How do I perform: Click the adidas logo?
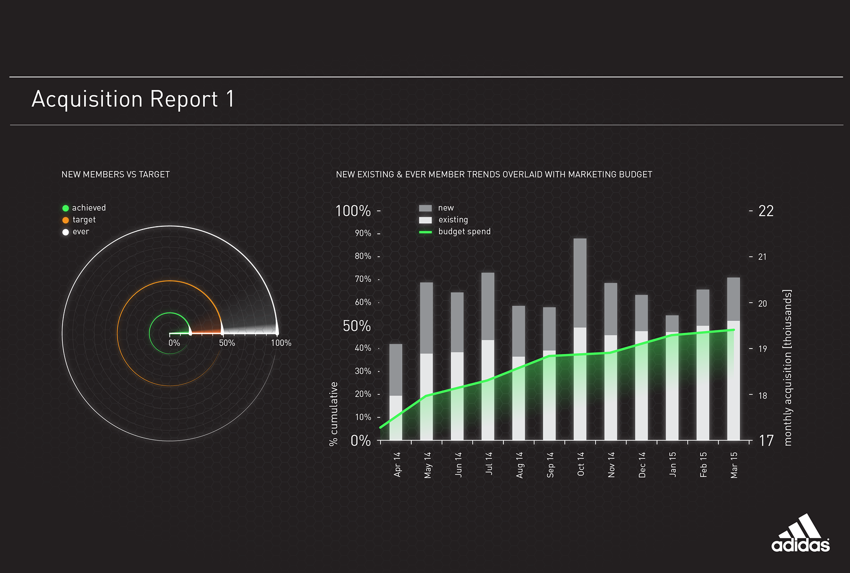pos(800,534)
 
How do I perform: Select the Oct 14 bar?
pos(580,339)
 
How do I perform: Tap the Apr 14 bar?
pos(396,392)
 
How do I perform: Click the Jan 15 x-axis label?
pos(672,464)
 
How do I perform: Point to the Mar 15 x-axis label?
pos(734,465)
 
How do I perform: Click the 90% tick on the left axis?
pos(363,233)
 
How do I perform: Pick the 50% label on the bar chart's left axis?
pos(357,326)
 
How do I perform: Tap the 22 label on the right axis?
pos(766,211)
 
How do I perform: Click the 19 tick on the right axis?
pos(762,349)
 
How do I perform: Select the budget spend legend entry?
pos(464,232)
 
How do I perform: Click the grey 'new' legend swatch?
pos(425,208)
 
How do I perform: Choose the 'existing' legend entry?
pos(452,220)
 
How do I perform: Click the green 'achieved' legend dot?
pos(66,208)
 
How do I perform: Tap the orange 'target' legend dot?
pos(66,220)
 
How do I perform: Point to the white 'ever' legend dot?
pos(66,232)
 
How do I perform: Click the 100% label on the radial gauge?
pos(281,343)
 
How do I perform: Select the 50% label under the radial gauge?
pos(227,343)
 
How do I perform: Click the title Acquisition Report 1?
pos(133,99)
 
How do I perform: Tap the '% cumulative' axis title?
pos(334,414)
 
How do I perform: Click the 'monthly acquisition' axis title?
pos(787,368)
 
